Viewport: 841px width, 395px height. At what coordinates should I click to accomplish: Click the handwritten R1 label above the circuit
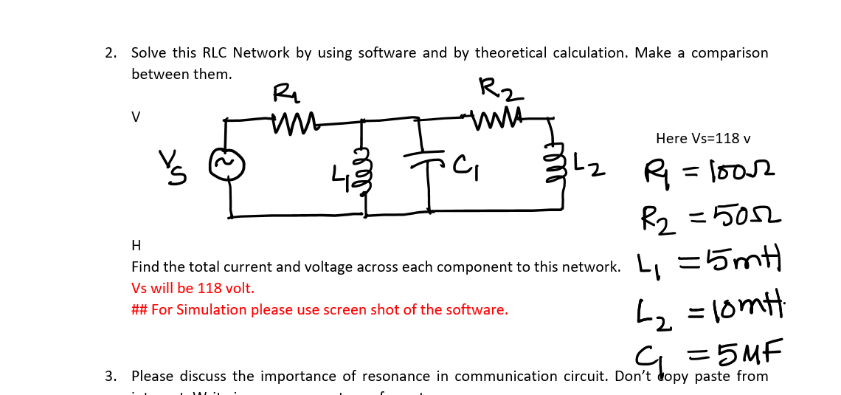[x=284, y=92]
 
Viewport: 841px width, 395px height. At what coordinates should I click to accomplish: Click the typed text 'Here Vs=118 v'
[x=703, y=138]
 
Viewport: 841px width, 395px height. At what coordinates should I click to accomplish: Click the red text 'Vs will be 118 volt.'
[x=193, y=288]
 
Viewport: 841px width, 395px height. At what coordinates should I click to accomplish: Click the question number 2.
[x=110, y=53]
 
